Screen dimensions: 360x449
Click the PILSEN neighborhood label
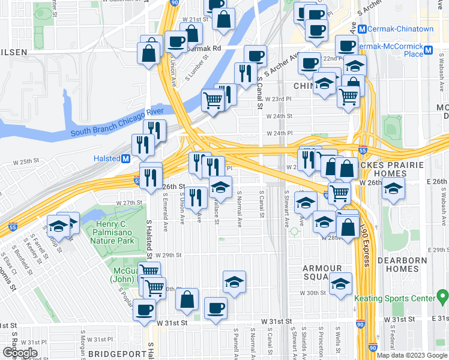[x=14, y=52]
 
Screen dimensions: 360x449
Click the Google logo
[x=20, y=353]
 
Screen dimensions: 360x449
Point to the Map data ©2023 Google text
[x=412, y=355]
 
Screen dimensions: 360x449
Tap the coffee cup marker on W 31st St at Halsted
[x=144, y=310]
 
